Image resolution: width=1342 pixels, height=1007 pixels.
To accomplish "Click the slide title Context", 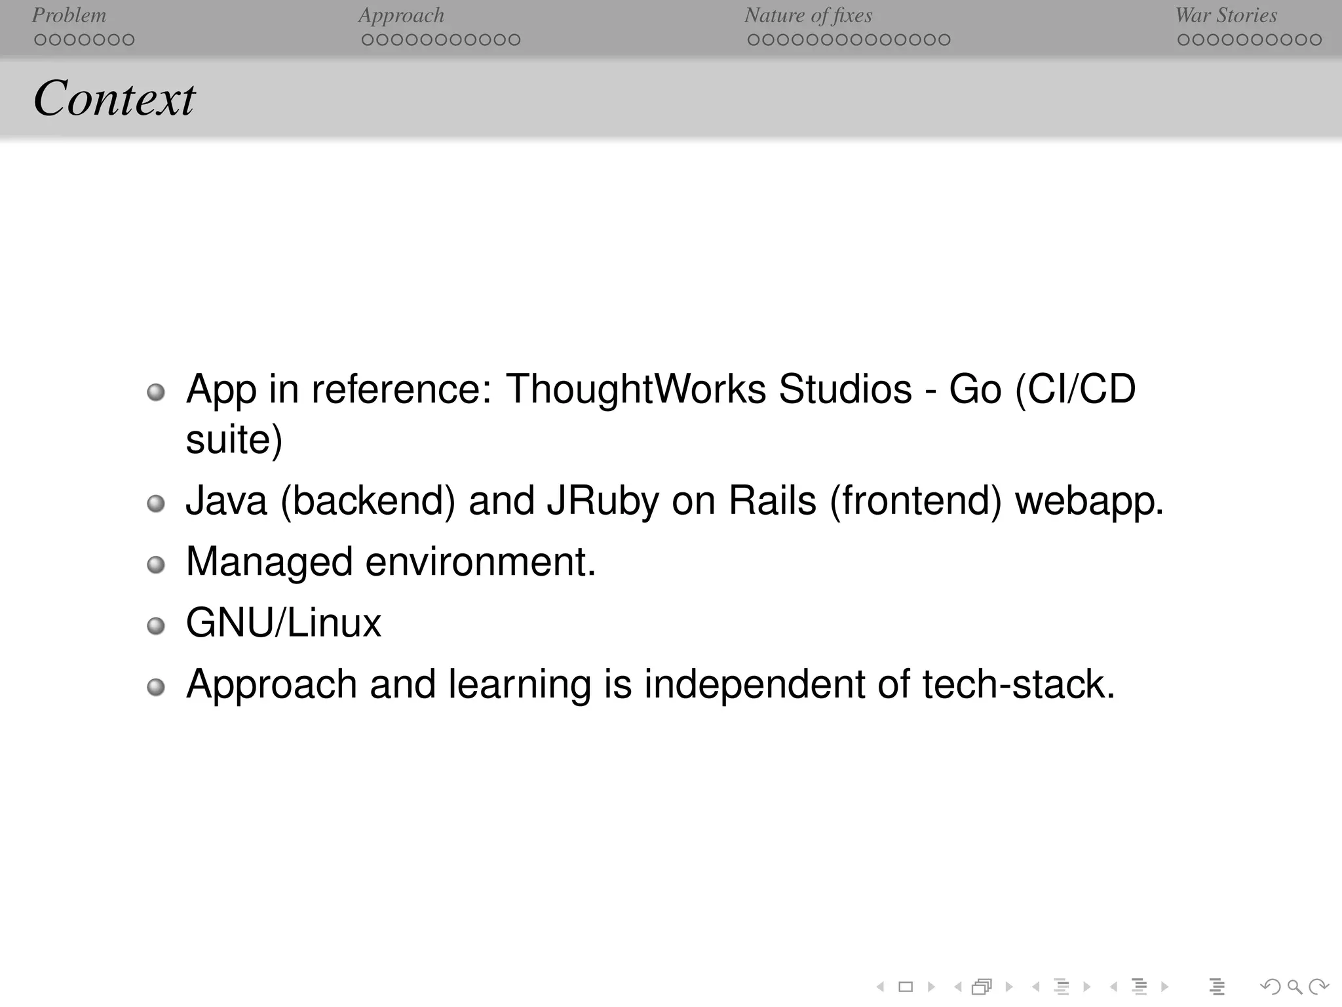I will (114, 98).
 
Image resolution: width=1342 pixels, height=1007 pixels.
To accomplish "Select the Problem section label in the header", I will (69, 15).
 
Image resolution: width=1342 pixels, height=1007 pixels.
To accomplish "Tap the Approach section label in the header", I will (401, 15).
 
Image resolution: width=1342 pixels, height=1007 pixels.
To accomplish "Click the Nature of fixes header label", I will (808, 15).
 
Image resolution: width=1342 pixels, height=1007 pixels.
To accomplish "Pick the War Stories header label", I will (1226, 15).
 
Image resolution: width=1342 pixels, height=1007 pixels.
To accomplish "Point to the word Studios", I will (845, 389).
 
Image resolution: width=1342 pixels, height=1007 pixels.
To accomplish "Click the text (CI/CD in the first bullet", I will (1075, 389).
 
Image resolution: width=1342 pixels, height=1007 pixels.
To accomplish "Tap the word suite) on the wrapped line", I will (234, 439).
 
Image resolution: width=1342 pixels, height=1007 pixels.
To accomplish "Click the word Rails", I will (773, 502).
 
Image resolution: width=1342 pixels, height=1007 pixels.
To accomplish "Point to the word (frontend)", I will (915, 502).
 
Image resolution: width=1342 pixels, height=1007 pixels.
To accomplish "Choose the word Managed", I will (269, 563).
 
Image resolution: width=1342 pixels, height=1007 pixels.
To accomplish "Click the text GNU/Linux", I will (283, 623).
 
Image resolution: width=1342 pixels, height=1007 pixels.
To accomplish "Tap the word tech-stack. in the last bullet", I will (1018, 684).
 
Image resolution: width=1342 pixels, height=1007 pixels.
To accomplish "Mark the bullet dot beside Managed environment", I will (156, 564).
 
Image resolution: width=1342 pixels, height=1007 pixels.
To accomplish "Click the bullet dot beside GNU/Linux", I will (156, 625).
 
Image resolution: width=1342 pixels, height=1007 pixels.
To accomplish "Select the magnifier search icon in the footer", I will (1294, 986).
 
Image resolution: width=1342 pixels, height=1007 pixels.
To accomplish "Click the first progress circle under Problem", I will (40, 40).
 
